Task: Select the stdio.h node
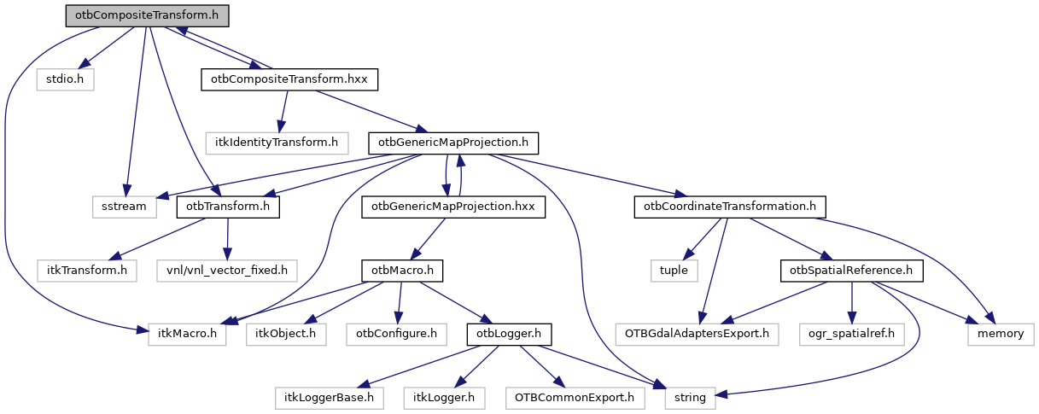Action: (x=65, y=79)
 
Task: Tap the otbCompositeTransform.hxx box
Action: (x=289, y=79)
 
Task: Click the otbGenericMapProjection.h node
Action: (x=454, y=143)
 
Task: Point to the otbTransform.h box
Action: (x=228, y=207)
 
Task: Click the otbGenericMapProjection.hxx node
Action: (x=453, y=207)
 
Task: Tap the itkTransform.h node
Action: (x=87, y=270)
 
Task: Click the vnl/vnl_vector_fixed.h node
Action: (x=226, y=270)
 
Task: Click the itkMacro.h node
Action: (x=188, y=333)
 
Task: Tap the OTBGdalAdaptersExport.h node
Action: (x=698, y=333)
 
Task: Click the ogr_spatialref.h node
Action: (x=851, y=333)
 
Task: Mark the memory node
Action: (x=1001, y=333)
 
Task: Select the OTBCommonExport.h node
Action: (x=570, y=397)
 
